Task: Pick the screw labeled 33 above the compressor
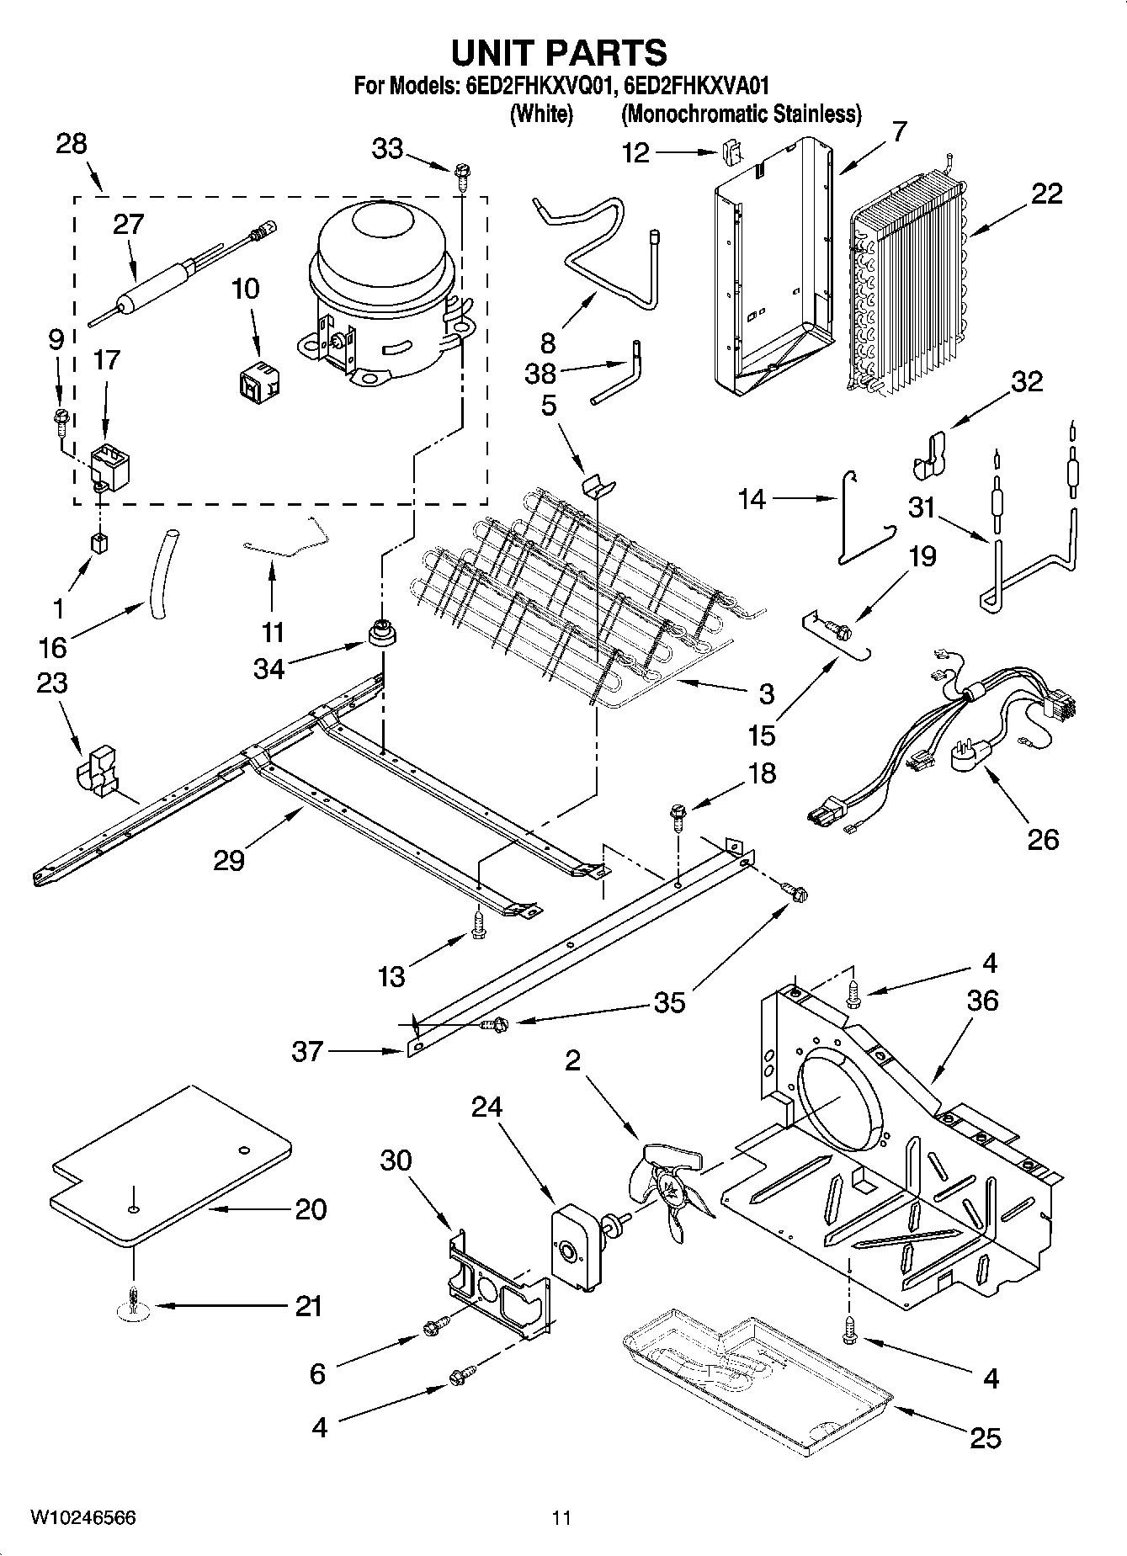coord(461,174)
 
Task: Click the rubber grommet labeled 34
coord(382,632)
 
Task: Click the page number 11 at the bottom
coord(562,1517)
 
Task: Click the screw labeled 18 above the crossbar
coord(678,815)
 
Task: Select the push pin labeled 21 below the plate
coord(134,1304)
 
